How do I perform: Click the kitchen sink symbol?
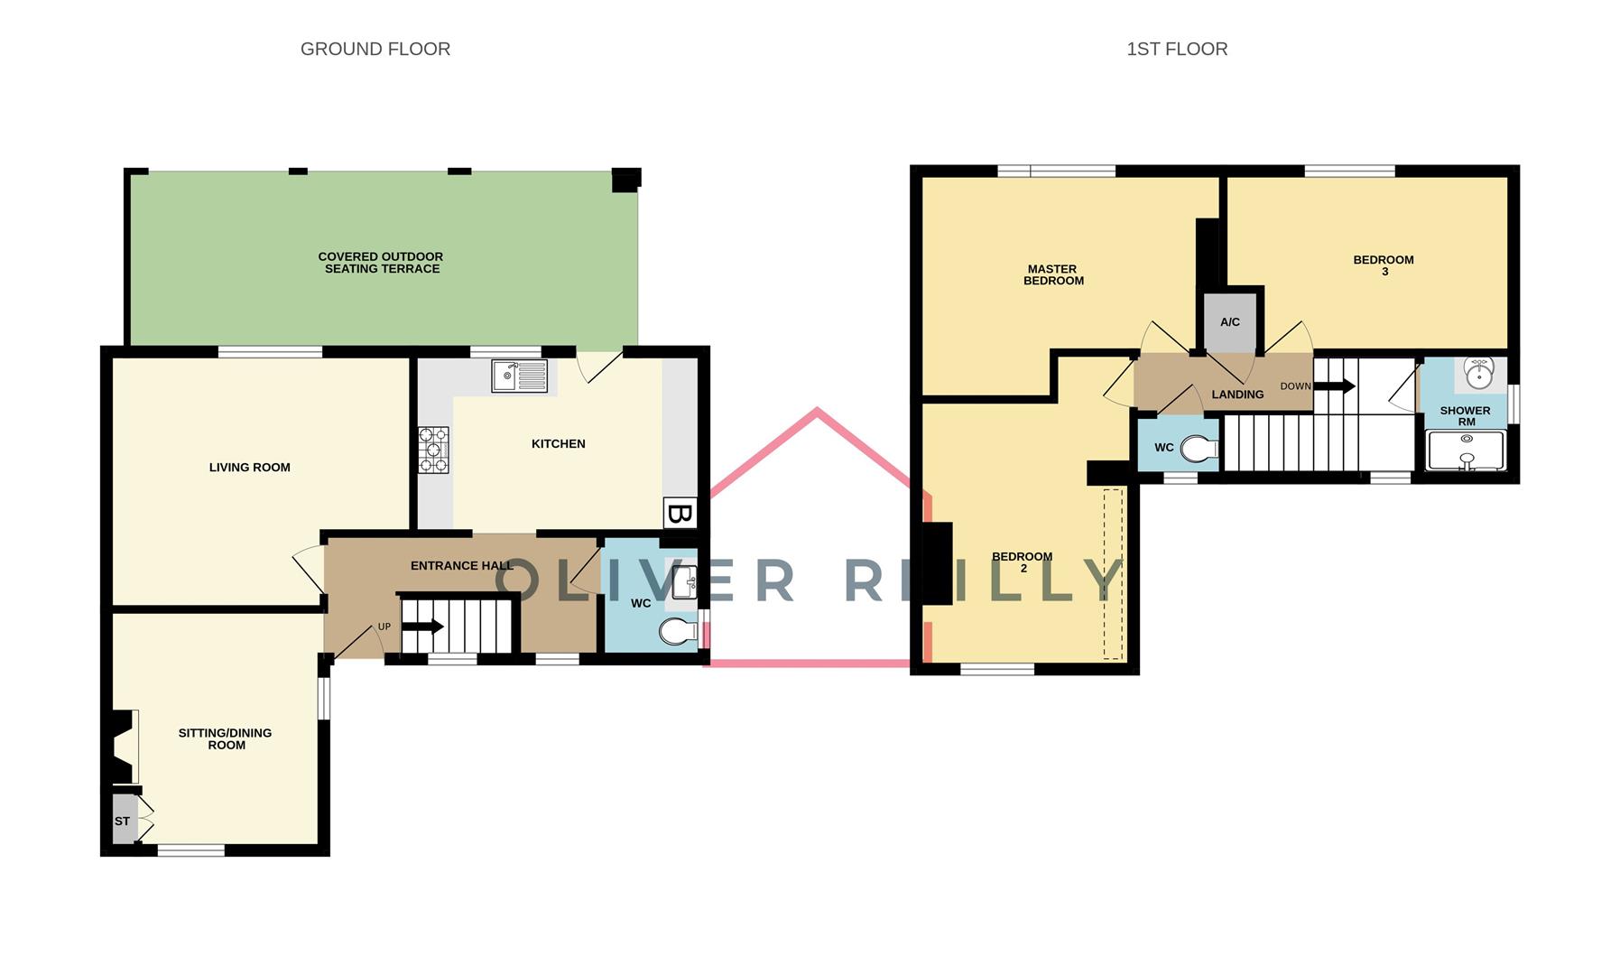pyautogui.click(x=519, y=376)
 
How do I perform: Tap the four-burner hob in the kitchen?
pyautogui.click(x=433, y=450)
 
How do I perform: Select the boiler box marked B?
pyautogui.click(x=680, y=514)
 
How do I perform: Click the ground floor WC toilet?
pyautogui.click(x=678, y=631)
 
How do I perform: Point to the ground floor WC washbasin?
pyautogui.click(x=685, y=582)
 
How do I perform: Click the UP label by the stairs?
pyautogui.click(x=384, y=627)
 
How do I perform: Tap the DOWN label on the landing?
pyautogui.click(x=1295, y=386)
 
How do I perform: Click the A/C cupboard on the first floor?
pyautogui.click(x=1230, y=322)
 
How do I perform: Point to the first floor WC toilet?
pyautogui.click(x=1199, y=449)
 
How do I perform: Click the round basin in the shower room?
pyautogui.click(x=1479, y=373)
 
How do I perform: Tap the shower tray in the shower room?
pyautogui.click(x=1466, y=450)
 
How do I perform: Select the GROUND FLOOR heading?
pyautogui.click(x=375, y=49)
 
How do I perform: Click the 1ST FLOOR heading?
pyautogui.click(x=1177, y=49)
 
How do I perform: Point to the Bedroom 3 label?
pyautogui.click(x=1384, y=265)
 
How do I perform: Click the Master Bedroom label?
pyautogui.click(x=1053, y=274)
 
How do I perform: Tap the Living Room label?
pyautogui.click(x=250, y=468)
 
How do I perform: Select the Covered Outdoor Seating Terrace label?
pyautogui.click(x=381, y=263)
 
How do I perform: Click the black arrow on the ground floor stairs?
pyautogui.click(x=423, y=626)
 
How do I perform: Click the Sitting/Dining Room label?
pyautogui.click(x=225, y=738)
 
